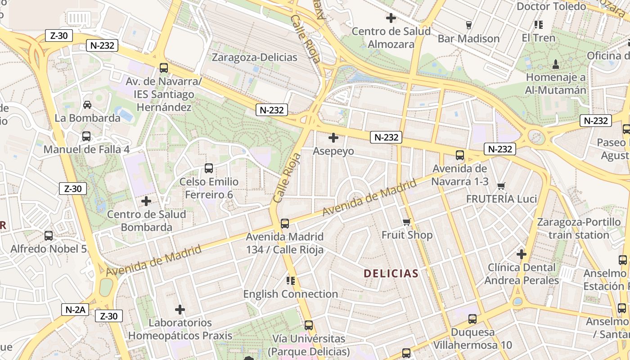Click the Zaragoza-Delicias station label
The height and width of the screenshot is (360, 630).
click(x=254, y=58)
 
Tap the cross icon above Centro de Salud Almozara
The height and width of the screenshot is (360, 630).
click(x=391, y=18)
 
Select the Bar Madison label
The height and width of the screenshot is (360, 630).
click(x=468, y=39)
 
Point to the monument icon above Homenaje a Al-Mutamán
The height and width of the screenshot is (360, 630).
click(x=556, y=64)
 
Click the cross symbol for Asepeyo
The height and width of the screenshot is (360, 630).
click(x=333, y=138)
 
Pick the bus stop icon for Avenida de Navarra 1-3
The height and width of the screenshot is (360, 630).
click(x=459, y=155)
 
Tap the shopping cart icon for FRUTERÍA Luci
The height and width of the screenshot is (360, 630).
click(x=501, y=186)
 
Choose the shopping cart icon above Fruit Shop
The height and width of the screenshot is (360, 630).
click(x=407, y=222)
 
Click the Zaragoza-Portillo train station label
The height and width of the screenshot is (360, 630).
click(x=579, y=228)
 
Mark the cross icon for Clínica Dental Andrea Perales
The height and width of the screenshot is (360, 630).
click(x=522, y=254)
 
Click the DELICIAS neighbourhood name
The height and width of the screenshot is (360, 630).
click(x=391, y=273)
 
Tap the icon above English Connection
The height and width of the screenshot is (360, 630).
click(x=290, y=281)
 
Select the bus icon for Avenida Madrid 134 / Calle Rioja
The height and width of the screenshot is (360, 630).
click(x=284, y=223)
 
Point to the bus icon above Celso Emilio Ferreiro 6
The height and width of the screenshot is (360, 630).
click(x=208, y=168)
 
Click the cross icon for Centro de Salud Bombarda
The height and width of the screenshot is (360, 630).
click(x=146, y=201)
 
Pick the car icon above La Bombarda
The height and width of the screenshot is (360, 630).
click(x=87, y=104)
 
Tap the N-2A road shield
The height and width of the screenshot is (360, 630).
click(x=75, y=310)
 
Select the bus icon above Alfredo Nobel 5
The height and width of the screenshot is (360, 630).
click(x=48, y=235)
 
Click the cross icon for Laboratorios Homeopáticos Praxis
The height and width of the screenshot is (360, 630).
click(x=180, y=310)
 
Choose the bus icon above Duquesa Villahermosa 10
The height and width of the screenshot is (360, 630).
click(x=472, y=319)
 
